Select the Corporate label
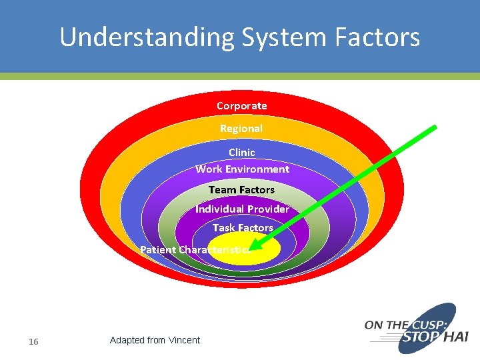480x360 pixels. pyautogui.click(x=241, y=105)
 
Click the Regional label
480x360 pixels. pyautogui.click(x=241, y=128)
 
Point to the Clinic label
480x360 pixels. pyautogui.click(x=241, y=153)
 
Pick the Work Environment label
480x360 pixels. pyautogui.click(x=242, y=169)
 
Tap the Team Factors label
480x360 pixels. pyautogui.click(x=241, y=190)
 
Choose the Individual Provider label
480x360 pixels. pyautogui.click(x=242, y=209)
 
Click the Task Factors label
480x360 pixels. pyautogui.click(x=243, y=228)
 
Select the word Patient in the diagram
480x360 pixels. pyautogui.click(x=158, y=250)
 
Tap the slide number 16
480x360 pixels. pyautogui.click(x=33, y=342)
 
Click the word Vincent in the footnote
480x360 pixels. pyautogui.click(x=184, y=340)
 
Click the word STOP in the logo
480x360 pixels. pyautogui.click(x=420, y=338)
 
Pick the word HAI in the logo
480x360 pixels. pyautogui.click(x=455, y=338)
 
